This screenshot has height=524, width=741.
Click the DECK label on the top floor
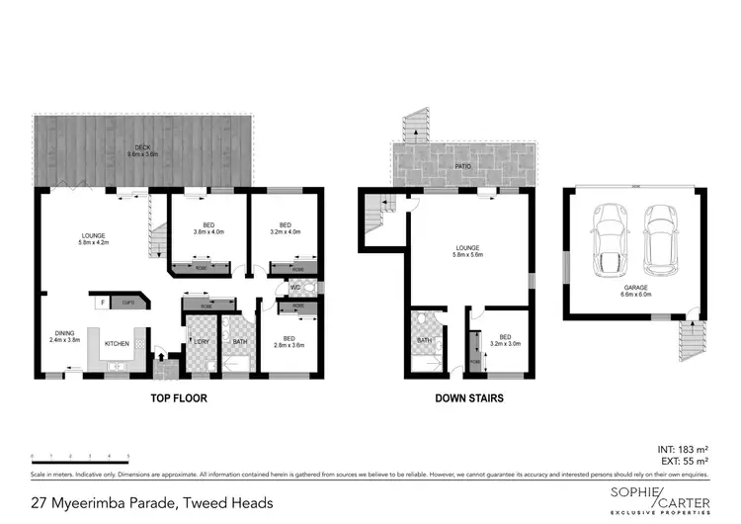click(x=143, y=151)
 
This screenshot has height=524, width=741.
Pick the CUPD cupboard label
click(x=128, y=302)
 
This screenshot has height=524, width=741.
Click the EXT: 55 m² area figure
click(x=685, y=462)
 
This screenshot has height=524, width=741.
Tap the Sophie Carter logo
click(x=648, y=498)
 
